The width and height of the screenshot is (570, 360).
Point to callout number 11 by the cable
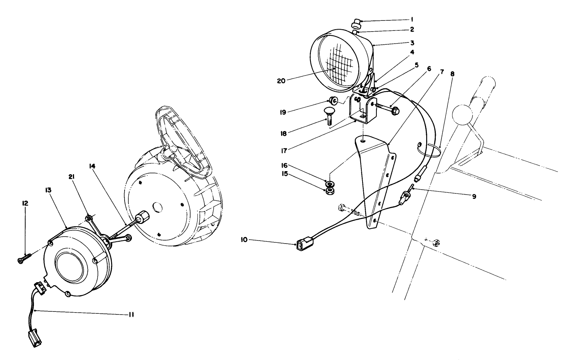[131, 315]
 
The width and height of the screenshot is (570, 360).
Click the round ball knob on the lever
[462, 114]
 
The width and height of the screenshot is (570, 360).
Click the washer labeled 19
[334, 101]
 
